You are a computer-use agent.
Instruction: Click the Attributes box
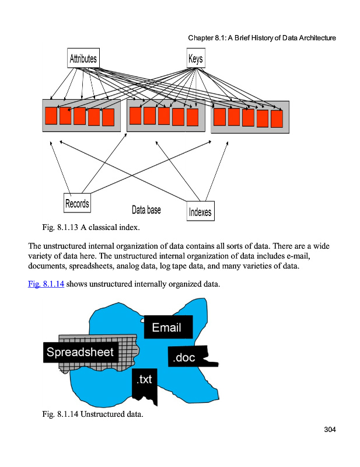click(x=83, y=58)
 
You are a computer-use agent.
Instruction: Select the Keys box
click(x=195, y=59)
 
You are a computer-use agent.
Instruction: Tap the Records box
click(x=77, y=203)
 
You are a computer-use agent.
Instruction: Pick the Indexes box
click(x=200, y=211)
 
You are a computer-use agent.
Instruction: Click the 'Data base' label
click(x=146, y=210)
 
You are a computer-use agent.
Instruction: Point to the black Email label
click(x=166, y=327)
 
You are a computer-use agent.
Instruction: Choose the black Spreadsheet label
click(x=81, y=352)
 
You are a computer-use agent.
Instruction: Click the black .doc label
click(x=183, y=357)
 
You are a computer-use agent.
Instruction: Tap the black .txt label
click(x=144, y=380)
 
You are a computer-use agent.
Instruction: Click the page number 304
click(x=330, y=430)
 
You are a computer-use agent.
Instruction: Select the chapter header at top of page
click(x=261, y=38)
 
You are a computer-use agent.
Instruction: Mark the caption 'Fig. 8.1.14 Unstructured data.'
click(x=92, y=414)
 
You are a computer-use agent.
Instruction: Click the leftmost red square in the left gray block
click(x=51, y=116)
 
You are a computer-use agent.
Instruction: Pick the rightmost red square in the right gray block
click(x=277, y=119)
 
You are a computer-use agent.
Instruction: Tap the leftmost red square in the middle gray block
click(x=135, y=116)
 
